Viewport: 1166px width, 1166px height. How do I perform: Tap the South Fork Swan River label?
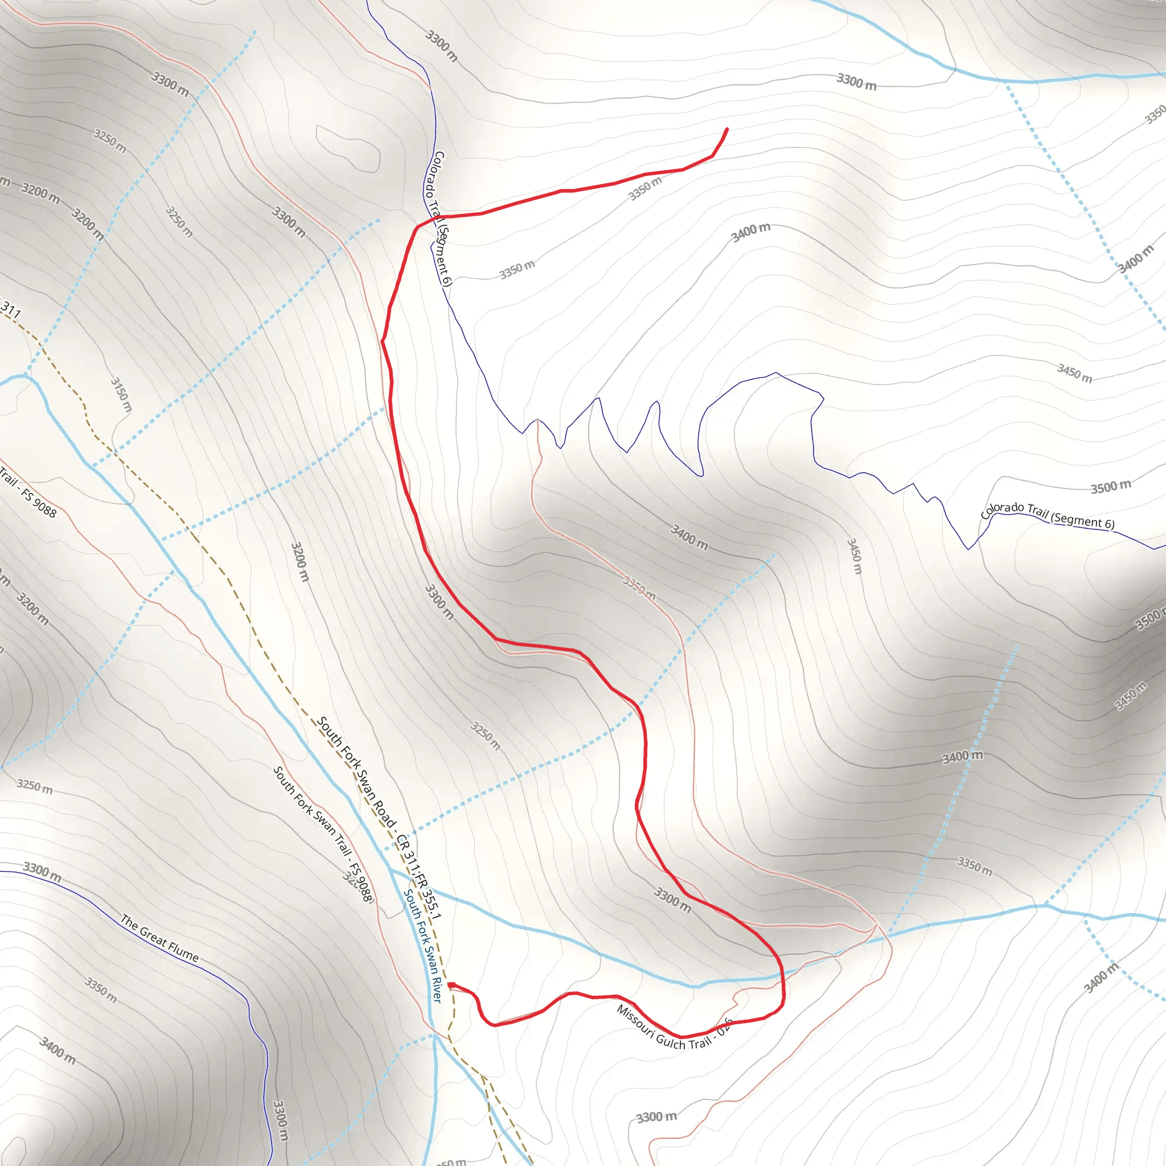pos(422,945)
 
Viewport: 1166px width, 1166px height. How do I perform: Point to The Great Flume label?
pos(159,938)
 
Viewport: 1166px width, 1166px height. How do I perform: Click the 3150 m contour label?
pos(121,394)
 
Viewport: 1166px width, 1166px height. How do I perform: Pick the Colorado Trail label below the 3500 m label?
pos(1047,514)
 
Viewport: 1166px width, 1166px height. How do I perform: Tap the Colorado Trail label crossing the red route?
pos(439,218)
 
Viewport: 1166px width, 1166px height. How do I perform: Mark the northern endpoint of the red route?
pos(726,129)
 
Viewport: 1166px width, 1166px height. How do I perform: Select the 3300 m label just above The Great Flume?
pos(42,872)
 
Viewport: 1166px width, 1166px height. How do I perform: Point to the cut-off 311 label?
pos(10,310)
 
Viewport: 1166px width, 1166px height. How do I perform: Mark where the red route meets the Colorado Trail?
pos(418,227)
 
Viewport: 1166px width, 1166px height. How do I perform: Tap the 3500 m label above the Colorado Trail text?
pos(1110,486)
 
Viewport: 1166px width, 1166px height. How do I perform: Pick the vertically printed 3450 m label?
pos(854,555)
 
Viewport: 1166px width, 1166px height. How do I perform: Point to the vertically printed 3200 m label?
pos(300,561)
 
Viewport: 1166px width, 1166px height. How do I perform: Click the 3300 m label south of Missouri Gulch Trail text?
pos(656,1117)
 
